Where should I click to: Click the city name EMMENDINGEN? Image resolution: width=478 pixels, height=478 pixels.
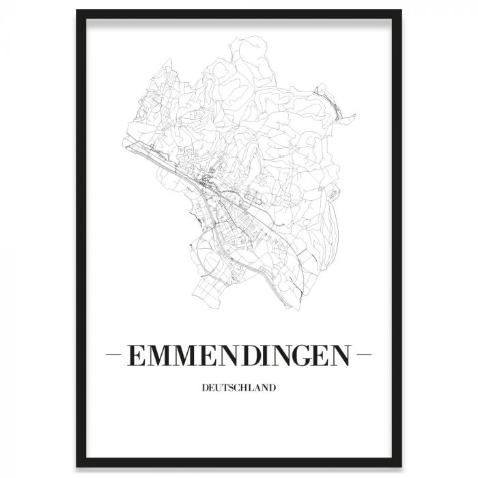(238, 356)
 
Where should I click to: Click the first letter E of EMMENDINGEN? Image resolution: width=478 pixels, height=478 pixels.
(135, 356)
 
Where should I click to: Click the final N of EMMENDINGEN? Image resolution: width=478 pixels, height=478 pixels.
(341, 356)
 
